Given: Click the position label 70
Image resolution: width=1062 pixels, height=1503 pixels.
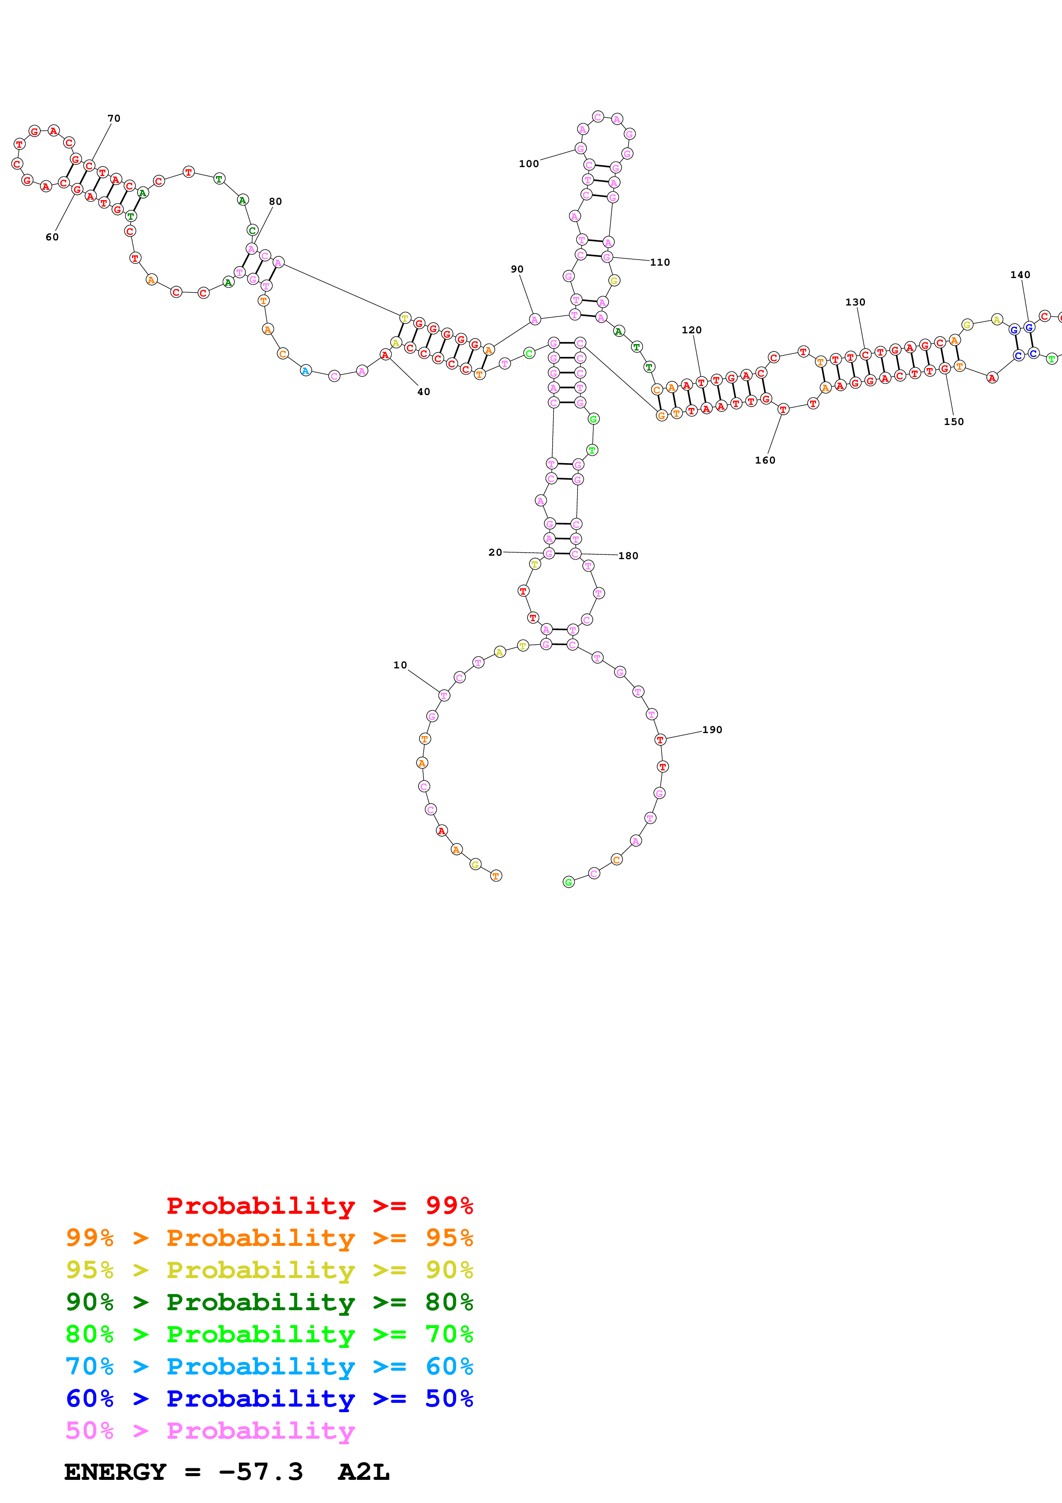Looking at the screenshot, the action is tap(114, 119).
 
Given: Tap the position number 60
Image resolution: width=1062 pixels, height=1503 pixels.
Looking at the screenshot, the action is tap(52, 237).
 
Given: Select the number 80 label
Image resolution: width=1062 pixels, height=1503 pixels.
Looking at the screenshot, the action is tap(275, 202).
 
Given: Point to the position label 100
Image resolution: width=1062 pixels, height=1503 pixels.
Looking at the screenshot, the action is tap(529, 164).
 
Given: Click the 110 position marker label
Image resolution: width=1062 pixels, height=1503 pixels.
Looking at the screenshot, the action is tap(660, 263).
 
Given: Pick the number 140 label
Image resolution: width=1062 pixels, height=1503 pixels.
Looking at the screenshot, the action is tap(1020, 275).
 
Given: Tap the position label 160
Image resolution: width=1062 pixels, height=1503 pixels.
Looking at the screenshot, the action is tap(765, 460).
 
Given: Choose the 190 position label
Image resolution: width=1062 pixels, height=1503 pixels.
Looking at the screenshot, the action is tap(712, 730).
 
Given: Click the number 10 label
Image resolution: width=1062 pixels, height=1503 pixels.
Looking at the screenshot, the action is tap(400, 665).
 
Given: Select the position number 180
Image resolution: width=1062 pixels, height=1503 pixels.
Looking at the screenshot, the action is tap(628, 556).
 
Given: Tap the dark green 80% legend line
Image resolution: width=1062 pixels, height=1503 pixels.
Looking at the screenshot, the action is tap(269, 1302).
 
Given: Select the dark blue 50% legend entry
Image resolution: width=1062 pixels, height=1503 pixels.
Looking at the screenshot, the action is tap(269, 1398).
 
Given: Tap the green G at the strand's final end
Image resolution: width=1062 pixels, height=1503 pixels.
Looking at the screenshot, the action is tap(568, 883).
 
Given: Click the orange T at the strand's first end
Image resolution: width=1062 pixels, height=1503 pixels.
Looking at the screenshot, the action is tap(496, 876).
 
